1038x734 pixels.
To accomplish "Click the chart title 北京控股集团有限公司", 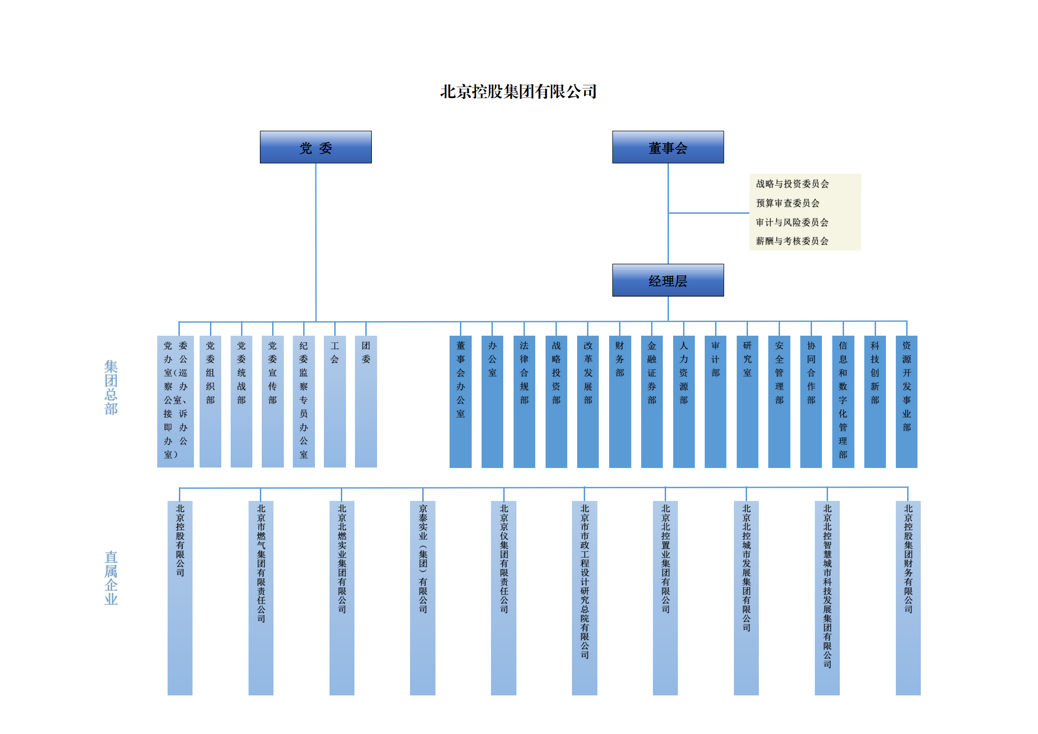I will pos(518,91).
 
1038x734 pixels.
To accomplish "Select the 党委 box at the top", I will pos(315,147).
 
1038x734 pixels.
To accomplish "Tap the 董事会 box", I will pos(668,147).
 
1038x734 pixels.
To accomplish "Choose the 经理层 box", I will pos(668,280).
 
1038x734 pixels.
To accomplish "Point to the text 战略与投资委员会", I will pos(792,184).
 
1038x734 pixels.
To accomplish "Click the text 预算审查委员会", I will pos(788,203).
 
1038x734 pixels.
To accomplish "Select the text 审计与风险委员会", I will pos(792,222).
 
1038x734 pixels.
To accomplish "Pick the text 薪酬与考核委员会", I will pos(792,241).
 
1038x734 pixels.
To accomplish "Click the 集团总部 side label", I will pos(111,387).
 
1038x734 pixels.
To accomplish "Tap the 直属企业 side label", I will pos(111,578).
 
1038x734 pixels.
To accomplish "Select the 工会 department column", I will pos(335,401).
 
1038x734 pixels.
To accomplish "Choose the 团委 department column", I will pos(366,401).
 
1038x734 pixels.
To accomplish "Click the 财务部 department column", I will pos(620,401).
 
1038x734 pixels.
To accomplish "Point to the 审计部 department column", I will pos(715,401).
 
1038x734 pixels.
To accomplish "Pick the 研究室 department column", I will pos(747,401).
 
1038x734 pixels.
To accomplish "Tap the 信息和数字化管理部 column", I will pos(843,401).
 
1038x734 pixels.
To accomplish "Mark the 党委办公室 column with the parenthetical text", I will pos(175,401).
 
